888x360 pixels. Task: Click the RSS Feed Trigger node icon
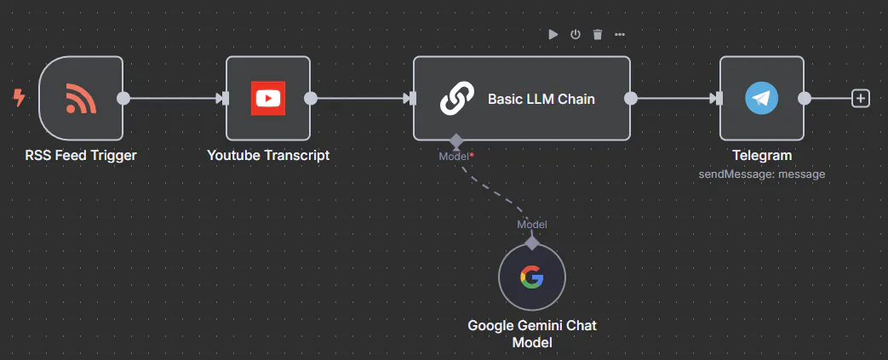pyautogui.click(x=81, y=98)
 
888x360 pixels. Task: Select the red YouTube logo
pyautogui.click(x=268, y=98)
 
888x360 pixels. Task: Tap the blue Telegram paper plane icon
pyautogui.click(x=762, y=98)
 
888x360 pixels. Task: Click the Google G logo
pyautogui.click(x=531, y=277)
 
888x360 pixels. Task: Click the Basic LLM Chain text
pyautogui.click(x=541, y=99)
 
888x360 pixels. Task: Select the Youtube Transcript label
pyautogui.click(x=268, y=155)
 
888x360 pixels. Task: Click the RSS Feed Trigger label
pyautogui.click(x=81, y=155)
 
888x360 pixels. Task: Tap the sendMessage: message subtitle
pyautogui.click(x=762, y=174)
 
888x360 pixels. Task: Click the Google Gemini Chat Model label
pyautogui.click(x=531, y=334)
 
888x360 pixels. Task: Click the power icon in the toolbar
pyautogui.click(x=576, y=34)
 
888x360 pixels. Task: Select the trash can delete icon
pyautogui.click(x=598, y=34)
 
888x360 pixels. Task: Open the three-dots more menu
pyautogui.click(x=620, y=34)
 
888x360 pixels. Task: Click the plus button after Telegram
pyautogui.click(x=861, y=98)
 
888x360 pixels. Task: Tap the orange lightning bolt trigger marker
pyautogui.click(x=19, y=98)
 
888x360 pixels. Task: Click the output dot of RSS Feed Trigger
pyautogui.click(x=123, y=98)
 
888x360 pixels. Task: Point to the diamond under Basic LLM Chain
pyautogui.click(x=456, y=140)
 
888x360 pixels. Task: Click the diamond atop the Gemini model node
pyautogui.click(x=532, y=243)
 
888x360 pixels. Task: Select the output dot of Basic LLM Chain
pyautogui.click(x=631, y=98)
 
